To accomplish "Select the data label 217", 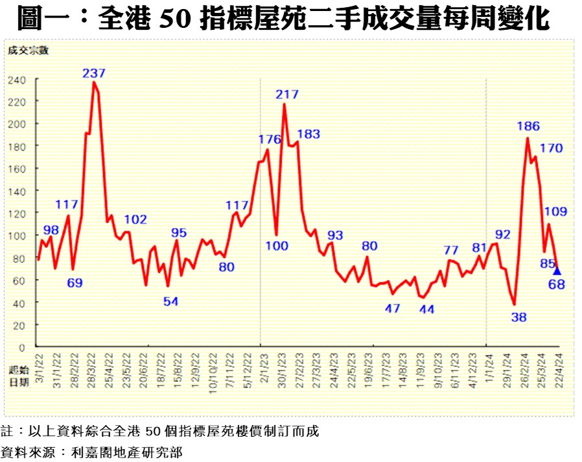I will (x=287, y=94).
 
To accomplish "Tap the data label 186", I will (x=529, y=126).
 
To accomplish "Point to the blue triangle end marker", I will (x=557, y=271).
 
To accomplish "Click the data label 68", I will (x=557, y=284).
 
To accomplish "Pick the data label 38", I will (x=518, y=317).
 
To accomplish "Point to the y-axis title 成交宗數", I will (x=28, y=50).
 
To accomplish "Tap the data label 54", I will (x=170, y=301).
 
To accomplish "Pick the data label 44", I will (x=426, y=309).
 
